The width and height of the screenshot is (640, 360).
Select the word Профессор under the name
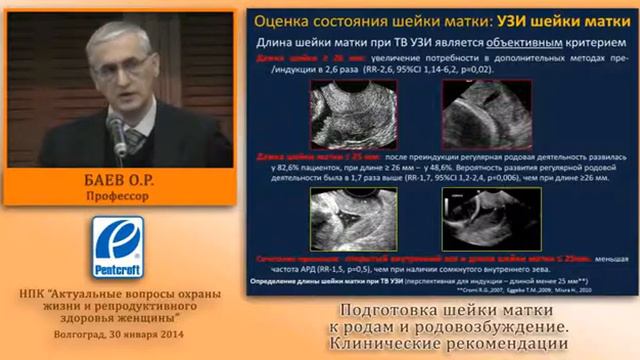pyautogui.click(x=117, y=197)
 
